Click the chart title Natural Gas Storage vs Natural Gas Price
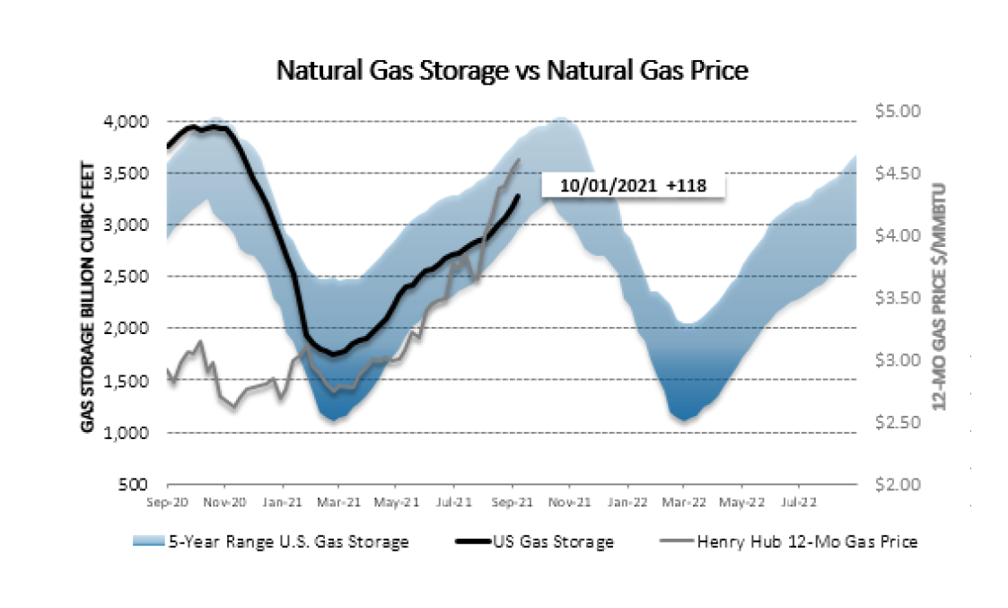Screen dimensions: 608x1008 pos(512,71)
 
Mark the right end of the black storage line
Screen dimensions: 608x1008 pos(519,196)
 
